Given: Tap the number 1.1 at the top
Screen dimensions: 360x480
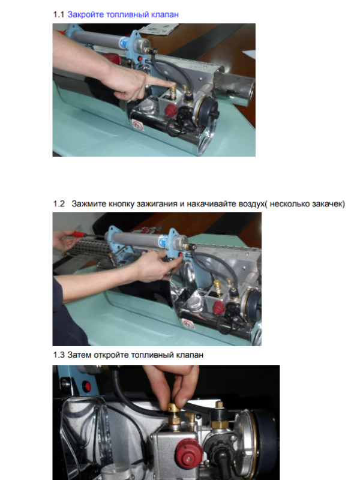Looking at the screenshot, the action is tap(58, 14).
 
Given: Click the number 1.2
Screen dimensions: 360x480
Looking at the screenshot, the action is tap(59, 204).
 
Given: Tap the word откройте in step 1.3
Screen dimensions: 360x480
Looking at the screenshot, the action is tap(111, 355).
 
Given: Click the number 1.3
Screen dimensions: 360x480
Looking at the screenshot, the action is tap(59, 355).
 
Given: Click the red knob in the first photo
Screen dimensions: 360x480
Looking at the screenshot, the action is tap(171, 110).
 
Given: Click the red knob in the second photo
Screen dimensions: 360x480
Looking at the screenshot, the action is tap(218, 308).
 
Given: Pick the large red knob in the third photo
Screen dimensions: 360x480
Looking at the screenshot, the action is tap(187, 452).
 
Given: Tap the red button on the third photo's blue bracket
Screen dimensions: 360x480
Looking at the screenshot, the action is tap(88, 386).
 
